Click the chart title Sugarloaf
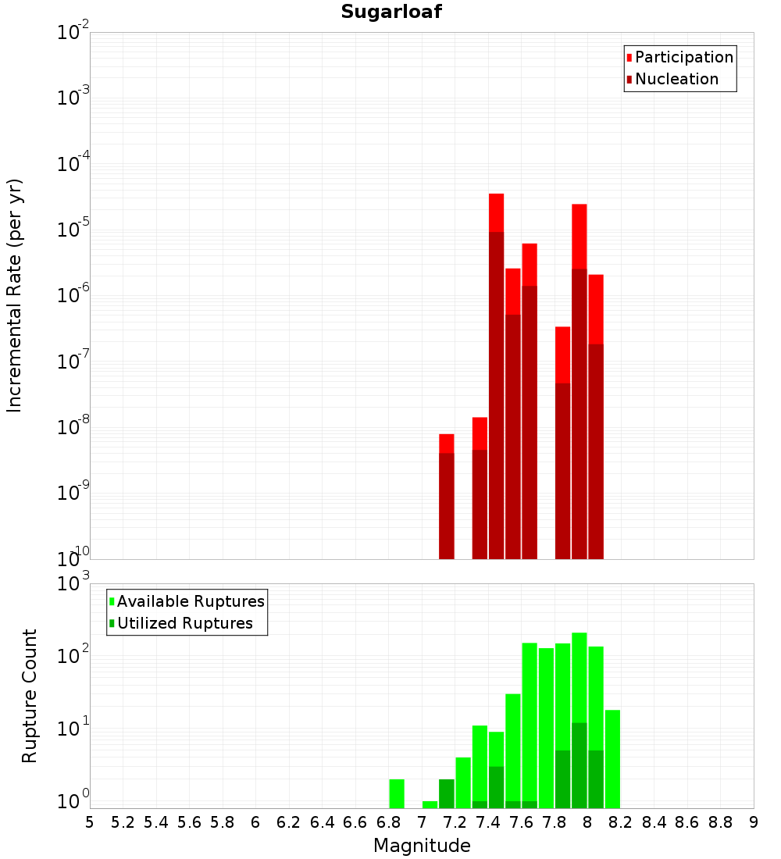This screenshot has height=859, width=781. click(391, 12)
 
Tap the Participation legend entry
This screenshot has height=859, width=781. click(684, 57)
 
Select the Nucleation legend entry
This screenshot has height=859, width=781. click(676, 79)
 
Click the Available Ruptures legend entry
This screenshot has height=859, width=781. click(191, 601)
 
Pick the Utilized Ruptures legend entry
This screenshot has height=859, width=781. click(184, 623)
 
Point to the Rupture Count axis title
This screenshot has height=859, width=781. click(30, 695)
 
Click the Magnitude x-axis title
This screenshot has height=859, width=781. click(422, 846)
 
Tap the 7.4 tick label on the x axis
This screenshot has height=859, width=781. click(488, 822)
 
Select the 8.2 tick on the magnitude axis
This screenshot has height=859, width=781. click(621, 822)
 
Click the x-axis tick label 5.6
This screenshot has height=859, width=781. click(189, 822)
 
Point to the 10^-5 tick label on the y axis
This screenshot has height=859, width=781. click(73, 230)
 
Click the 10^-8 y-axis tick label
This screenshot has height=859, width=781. click(73, 427)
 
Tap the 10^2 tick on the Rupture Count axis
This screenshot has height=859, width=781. click(73, 656)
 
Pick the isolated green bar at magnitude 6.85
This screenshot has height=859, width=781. click(397, 793)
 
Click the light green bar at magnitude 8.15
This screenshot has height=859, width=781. click(612, 757)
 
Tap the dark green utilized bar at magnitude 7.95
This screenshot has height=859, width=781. click(579, 765)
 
